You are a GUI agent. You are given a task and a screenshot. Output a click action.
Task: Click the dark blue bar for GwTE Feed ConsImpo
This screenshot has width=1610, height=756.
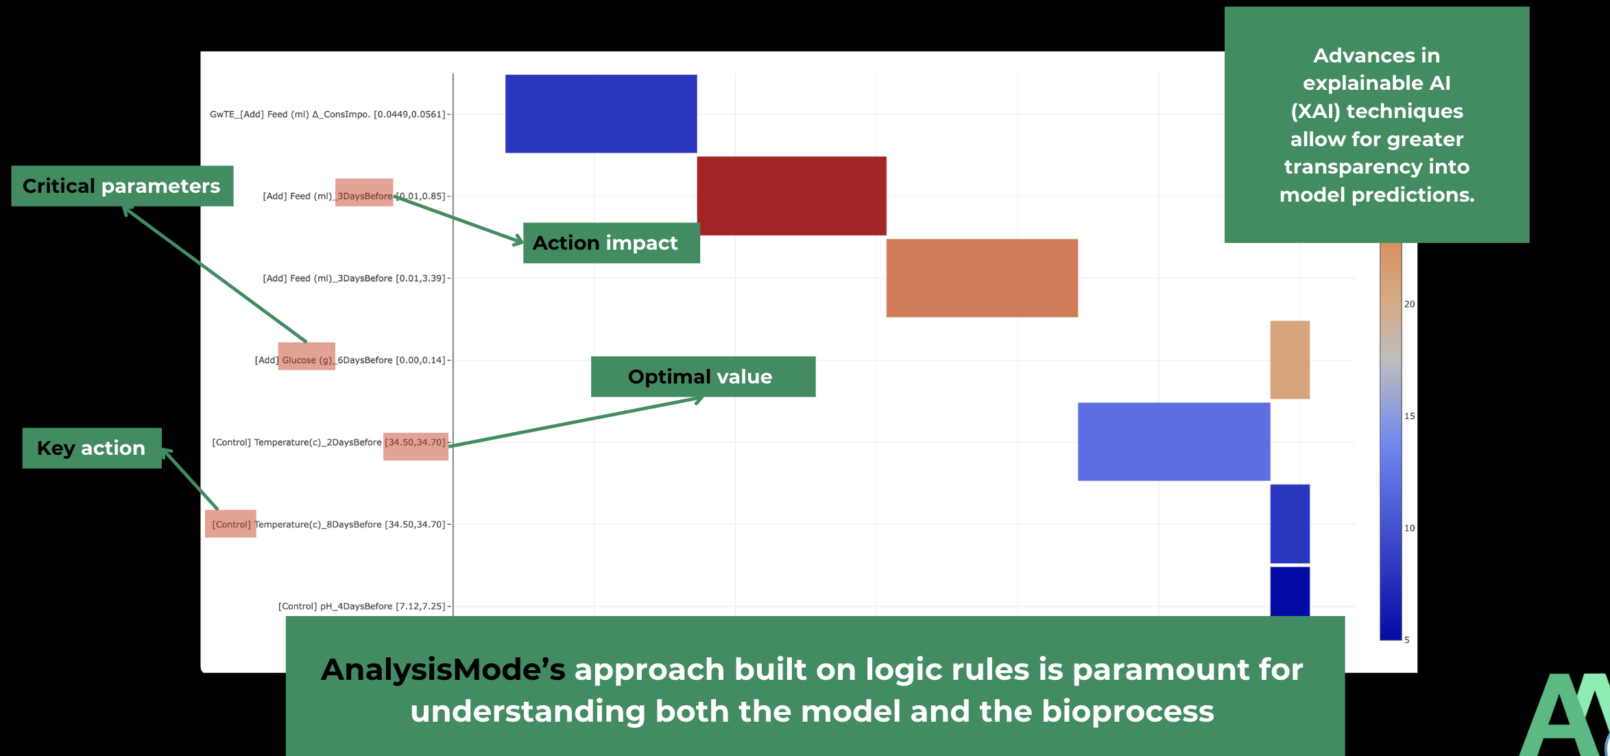(x=601, y=114)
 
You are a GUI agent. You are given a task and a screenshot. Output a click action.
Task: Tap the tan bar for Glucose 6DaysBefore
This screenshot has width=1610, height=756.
(x=1289, y=359)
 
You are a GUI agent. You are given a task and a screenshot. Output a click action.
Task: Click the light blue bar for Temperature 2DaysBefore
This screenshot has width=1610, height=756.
(x=1173, y=441)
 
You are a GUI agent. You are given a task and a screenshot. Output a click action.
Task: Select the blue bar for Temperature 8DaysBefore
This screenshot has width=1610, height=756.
(x=1289, y=523)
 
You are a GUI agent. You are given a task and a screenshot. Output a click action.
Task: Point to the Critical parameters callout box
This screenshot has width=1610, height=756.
(x=122, y=186)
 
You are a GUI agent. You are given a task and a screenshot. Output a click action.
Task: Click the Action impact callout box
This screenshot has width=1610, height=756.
(x=611, y=243)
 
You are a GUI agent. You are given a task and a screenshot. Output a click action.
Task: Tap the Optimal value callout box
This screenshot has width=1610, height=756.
(x=703, y=377)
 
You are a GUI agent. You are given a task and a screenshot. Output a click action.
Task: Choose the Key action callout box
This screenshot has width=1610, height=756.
(x=92, y=448)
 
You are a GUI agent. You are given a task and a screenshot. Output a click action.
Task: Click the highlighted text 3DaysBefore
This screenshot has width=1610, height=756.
(x=364, y=196)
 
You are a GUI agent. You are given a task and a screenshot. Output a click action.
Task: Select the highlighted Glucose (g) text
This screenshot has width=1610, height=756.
(x=307, y=359)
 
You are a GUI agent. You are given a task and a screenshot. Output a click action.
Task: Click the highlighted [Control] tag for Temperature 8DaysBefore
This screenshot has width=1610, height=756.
(x=230, y=524)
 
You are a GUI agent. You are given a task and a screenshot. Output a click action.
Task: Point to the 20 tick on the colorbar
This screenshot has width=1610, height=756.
(x=1409, y=304)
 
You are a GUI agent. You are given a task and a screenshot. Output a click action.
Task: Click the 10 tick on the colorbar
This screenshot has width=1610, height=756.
(x=1409, y=528)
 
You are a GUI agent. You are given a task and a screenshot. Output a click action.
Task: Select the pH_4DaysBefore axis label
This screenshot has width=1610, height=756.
(x=361, y=606)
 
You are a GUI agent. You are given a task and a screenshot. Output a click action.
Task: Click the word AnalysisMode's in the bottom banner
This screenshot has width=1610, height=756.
(x=443, y=670)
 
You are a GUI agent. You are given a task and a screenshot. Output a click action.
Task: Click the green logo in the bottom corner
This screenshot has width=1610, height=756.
(x=1567, y=717)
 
